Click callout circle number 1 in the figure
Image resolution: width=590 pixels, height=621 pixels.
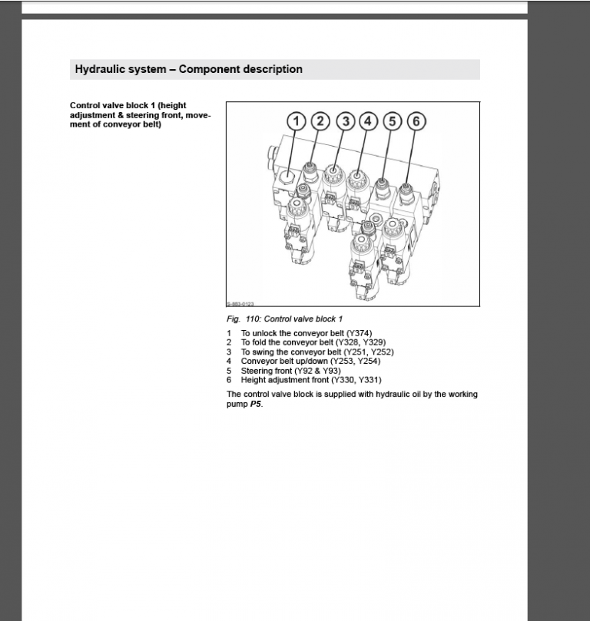[x=297, y=121]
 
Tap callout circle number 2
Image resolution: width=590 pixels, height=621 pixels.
[x=320, y=121]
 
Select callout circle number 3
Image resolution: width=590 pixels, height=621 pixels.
[x=346, y=121]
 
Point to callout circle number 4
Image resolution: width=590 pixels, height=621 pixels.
[x=368, y=121]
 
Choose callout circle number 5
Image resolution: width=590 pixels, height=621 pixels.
[x=393, y=121]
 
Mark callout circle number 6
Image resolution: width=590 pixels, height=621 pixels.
[x=416, y=121]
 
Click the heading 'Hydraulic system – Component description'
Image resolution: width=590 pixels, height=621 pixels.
[x=188, y=69]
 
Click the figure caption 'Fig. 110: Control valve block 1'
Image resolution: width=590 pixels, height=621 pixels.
[x=284, y=319]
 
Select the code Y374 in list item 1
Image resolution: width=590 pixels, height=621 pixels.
[x=359, y=333]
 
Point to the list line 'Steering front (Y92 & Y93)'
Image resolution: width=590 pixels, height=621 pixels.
[x=290, y=371]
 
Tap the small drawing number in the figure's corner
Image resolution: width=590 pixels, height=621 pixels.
[x=240, y=304]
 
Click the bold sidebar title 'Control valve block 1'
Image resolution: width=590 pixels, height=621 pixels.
[x=128, y=106]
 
